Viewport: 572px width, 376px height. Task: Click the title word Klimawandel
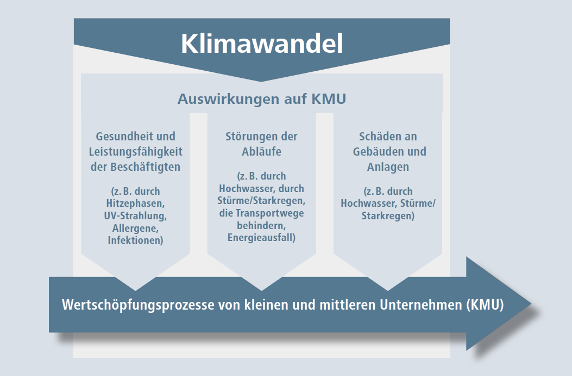click(x=262, y=44)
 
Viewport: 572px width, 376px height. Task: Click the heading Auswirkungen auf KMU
click(x=262, y=99)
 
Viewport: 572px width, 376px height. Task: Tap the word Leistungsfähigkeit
click(x=136, y=152)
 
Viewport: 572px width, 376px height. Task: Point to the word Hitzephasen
click(x=135, y=204)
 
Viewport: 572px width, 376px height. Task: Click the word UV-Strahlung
click(x=135, y=215)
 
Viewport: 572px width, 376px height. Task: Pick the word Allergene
click(x=135, y=229)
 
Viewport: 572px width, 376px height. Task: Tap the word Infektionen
click(x=134, y=240)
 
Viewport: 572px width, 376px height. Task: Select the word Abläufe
click(x=262, y=151)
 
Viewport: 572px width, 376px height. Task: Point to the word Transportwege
click(x=269, y=213)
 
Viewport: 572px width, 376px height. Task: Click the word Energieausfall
click(x=260, y=237)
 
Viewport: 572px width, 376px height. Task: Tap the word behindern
click(x=261, y=225)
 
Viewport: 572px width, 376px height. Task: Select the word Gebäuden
click(x=377, y=151)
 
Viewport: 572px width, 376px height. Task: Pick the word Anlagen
click(x=388, y=167)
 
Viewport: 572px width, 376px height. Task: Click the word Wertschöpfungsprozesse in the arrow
click(x=139, y=305)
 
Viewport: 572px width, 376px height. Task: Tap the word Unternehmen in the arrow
click(x=421, y=304)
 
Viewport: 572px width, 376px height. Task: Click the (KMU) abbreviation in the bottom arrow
click(x=485, y=304)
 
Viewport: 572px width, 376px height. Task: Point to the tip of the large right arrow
click(x=531, y=304)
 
